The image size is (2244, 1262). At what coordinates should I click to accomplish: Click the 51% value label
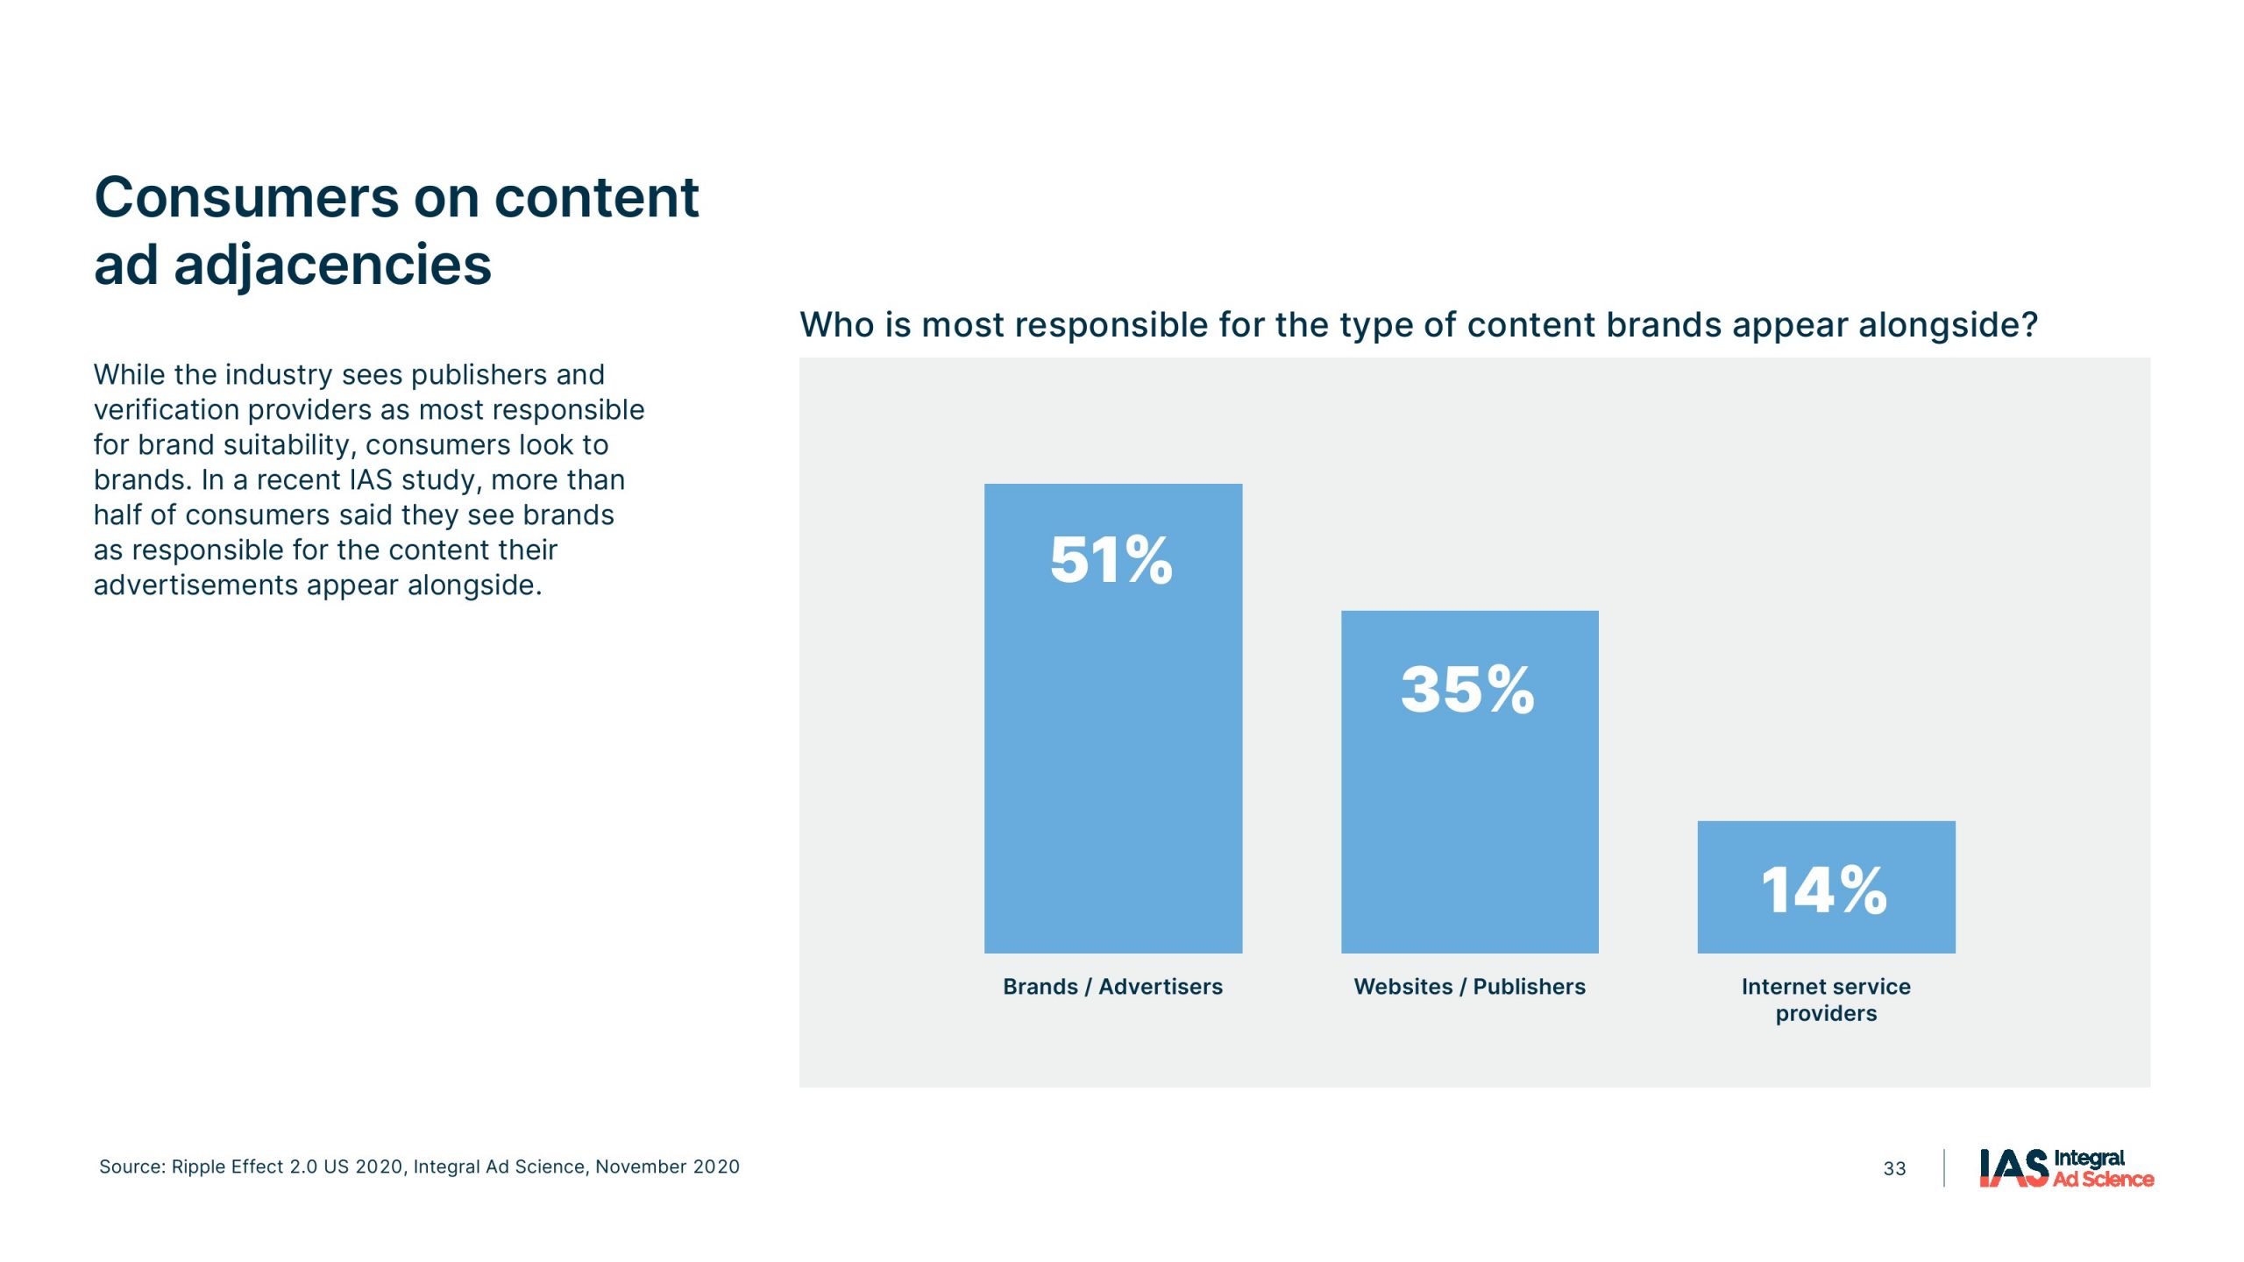point(1111,560)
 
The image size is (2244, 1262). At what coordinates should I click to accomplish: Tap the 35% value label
point(1468,689)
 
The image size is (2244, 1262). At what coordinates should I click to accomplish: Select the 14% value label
point(1824,890)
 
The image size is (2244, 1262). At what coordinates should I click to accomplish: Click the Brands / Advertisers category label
point(1112,987)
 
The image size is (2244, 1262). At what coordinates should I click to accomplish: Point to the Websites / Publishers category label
point(1470,987)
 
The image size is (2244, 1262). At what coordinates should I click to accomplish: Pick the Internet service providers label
point(1826,1000)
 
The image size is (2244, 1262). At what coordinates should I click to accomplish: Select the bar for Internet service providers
point(1826,887)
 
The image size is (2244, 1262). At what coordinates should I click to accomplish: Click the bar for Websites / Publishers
point(1470,782)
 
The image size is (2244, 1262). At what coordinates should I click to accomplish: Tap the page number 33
point(1894,1168)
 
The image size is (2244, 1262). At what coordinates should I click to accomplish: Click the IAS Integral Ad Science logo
point(2066,1168)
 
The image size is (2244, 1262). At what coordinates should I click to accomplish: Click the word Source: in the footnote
point(132,1166)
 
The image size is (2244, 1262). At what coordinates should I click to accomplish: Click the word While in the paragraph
point(130,375)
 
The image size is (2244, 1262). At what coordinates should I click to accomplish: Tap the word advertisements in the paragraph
point(195,585)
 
